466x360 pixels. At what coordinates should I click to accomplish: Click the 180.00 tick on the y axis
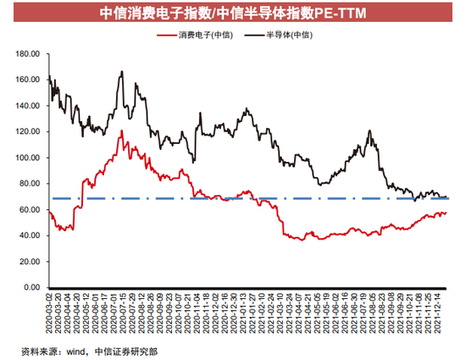click(29, 53)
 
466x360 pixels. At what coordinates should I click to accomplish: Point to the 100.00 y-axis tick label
click(29, 158)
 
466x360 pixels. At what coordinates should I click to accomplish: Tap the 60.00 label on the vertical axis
click(31, 210)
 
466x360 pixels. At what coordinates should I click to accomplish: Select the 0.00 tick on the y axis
click(33, 288)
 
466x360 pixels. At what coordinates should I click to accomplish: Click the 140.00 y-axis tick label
click(29, 106)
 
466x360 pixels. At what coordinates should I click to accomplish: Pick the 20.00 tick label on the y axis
click(31, 262)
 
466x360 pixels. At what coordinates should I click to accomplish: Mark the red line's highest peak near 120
click(122, 130)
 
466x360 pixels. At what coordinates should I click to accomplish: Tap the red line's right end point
click(447, 213)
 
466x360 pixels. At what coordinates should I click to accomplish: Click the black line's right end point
click(447, 197)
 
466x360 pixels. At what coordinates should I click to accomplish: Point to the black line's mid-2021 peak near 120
click(369, 130)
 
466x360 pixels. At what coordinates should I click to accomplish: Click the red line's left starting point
click(50, 212)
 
